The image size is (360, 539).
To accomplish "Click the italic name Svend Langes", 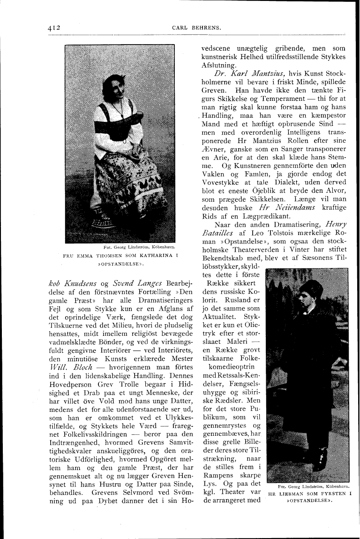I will [x=127, y=282].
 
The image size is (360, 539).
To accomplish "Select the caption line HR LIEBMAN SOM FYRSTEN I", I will [x=309, y=494].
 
